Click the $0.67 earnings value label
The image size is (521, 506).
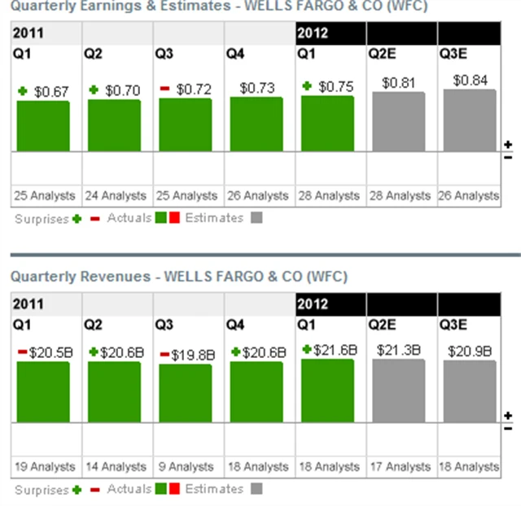(51, 92)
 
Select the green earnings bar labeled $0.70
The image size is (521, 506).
(114, 125)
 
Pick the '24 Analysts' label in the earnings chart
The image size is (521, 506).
(115, 195)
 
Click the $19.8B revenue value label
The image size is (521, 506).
(193, 355)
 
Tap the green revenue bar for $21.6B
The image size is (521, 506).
(327, 390)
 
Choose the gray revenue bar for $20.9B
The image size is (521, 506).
(470, 391)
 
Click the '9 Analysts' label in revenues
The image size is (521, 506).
(186, 467)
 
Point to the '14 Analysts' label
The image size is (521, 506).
(115, 467)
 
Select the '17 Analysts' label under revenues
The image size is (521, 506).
(399, 467)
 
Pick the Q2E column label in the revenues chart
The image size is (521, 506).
(383, 325)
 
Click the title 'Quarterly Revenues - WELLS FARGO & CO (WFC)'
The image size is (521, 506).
(179, 277)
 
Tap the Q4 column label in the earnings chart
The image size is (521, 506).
(235, 54)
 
